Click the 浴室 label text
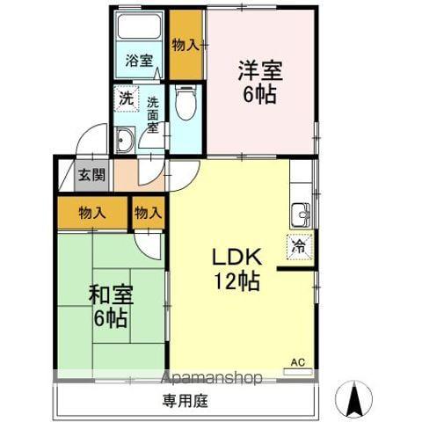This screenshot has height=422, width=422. pos(138,61)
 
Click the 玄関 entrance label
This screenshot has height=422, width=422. pos(91,174)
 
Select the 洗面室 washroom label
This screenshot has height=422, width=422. pos(154,113)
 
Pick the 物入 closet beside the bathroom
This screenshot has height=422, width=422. pos(186,44)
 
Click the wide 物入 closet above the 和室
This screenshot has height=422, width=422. pos(92,212)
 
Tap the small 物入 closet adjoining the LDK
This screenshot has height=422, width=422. pos(149,212)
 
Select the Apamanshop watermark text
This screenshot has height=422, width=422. pos(212,379)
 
